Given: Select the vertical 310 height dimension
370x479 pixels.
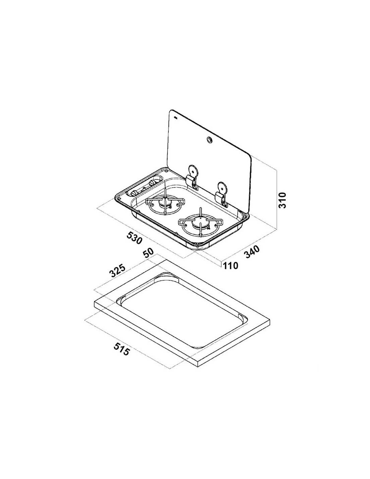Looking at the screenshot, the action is pyautogui.click(x=282, y=200).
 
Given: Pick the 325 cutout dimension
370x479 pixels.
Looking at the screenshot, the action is pyautogui.click(x=117, y=270).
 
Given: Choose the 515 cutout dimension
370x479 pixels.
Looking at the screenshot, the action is pyautogui.click(x=121, y=355).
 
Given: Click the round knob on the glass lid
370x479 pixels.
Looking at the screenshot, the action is pyautogui.click(x=208, y=139).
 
